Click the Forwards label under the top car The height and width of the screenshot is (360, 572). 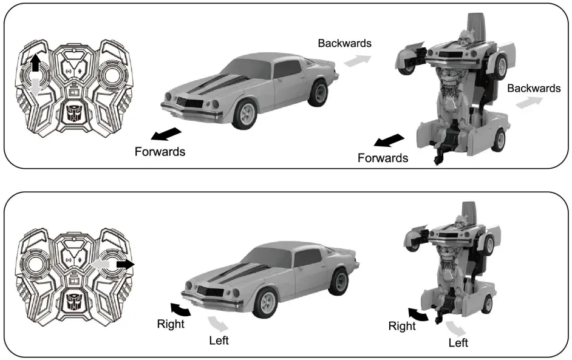[160, 151]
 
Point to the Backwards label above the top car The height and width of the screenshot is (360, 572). [344, 43]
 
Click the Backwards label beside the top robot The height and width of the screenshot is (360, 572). [534, 88]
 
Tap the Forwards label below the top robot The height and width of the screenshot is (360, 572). [383, 158]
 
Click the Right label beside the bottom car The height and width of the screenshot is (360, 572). [171, 324]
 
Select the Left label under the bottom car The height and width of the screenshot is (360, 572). [219, 340]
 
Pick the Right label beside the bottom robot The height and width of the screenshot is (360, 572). [402, 326]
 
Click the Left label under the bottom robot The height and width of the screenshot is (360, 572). [458, 343]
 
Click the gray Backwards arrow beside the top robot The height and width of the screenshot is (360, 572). [529, 103]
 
